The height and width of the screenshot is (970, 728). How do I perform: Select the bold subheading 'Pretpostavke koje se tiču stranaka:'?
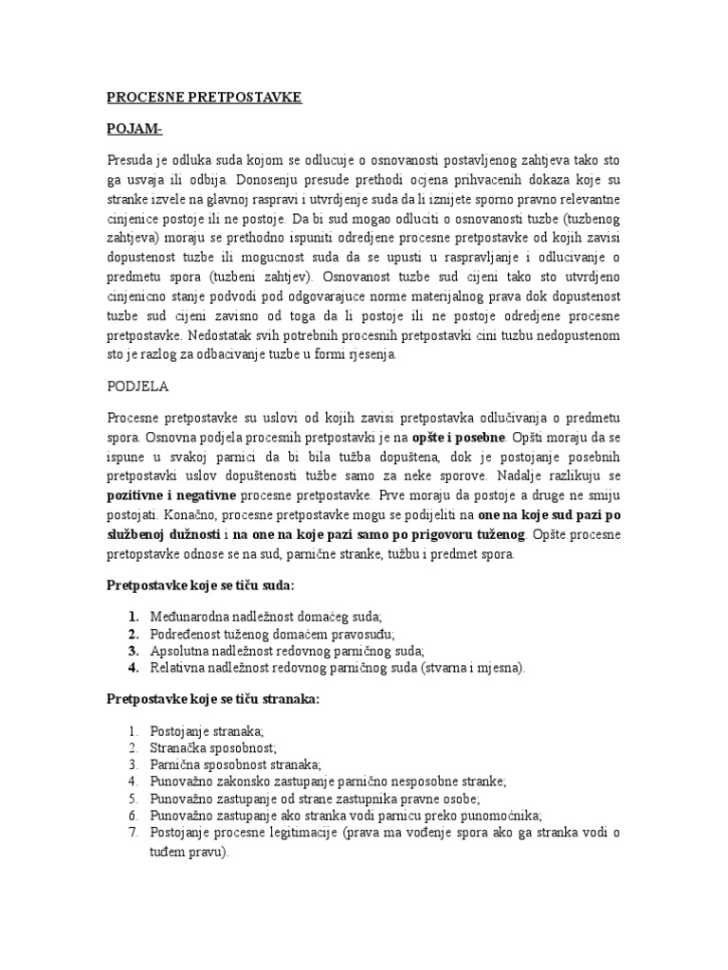(x=213, y=699)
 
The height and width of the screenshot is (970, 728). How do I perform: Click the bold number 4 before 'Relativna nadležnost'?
(x=134, y=668)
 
